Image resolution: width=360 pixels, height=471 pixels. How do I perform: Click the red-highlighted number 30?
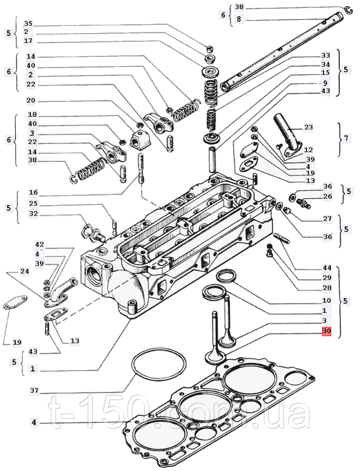[327, 331]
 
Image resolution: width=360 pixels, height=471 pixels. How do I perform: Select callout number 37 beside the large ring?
[34, 390]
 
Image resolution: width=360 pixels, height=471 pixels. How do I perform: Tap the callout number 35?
[28, 24]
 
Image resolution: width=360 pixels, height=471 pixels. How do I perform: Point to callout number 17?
[28, 41]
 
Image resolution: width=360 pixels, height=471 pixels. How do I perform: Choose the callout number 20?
[31, 101]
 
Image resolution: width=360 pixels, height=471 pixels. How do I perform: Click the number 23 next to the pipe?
[308, 127]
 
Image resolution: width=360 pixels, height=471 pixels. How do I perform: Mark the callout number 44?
[327, 268]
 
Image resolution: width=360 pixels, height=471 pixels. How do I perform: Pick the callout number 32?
[33, 213]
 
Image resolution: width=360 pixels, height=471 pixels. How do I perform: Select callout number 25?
[33, 203]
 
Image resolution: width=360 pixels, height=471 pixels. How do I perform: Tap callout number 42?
[39, 245]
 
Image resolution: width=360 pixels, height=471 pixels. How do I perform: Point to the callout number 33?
[326, 56]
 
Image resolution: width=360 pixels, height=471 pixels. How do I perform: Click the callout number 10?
[327, 300]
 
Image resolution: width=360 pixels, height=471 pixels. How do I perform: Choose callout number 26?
[328, 196]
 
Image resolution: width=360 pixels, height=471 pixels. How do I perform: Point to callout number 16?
[33, 192]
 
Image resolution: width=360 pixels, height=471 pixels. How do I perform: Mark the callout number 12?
[308, 150]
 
